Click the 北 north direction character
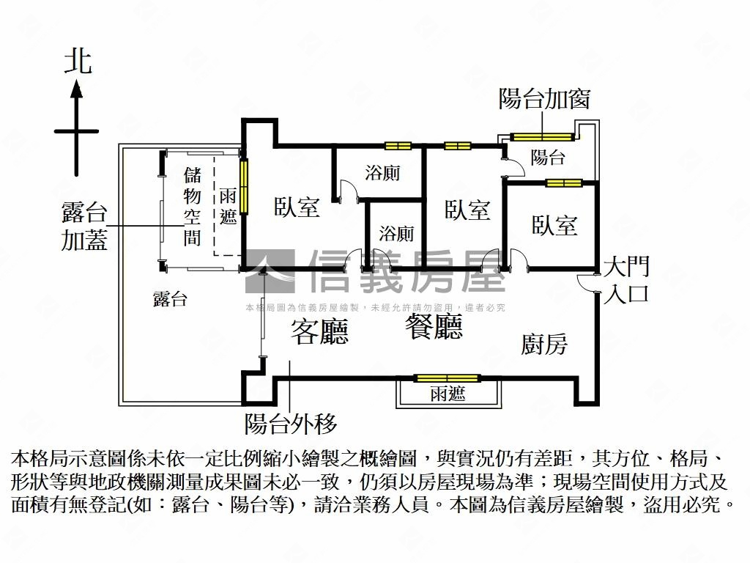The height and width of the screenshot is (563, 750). coord(78,62)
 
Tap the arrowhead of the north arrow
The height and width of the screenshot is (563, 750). coord(76,90)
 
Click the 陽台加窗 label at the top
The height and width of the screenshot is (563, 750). coord(544,98)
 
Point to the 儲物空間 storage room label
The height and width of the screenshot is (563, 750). coord(192,206)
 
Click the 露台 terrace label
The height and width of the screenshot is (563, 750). coord(170,298)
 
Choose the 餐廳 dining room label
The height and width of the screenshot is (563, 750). coord(434,327)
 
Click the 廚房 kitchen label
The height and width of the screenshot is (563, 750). coord(544,344)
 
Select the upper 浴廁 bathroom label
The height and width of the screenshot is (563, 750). coord(382,173)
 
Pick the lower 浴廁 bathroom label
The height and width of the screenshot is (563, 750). coord(396,234)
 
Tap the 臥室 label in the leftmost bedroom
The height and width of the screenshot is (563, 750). coord(297,207)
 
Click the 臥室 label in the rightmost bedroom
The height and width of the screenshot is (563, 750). coord(554,225)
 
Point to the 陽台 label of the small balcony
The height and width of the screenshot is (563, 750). coord(548,156)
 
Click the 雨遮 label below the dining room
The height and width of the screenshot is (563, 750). coord(448,394)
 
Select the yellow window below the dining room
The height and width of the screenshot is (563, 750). coord(447,378)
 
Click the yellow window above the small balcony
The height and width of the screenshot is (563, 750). coord(542,136)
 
